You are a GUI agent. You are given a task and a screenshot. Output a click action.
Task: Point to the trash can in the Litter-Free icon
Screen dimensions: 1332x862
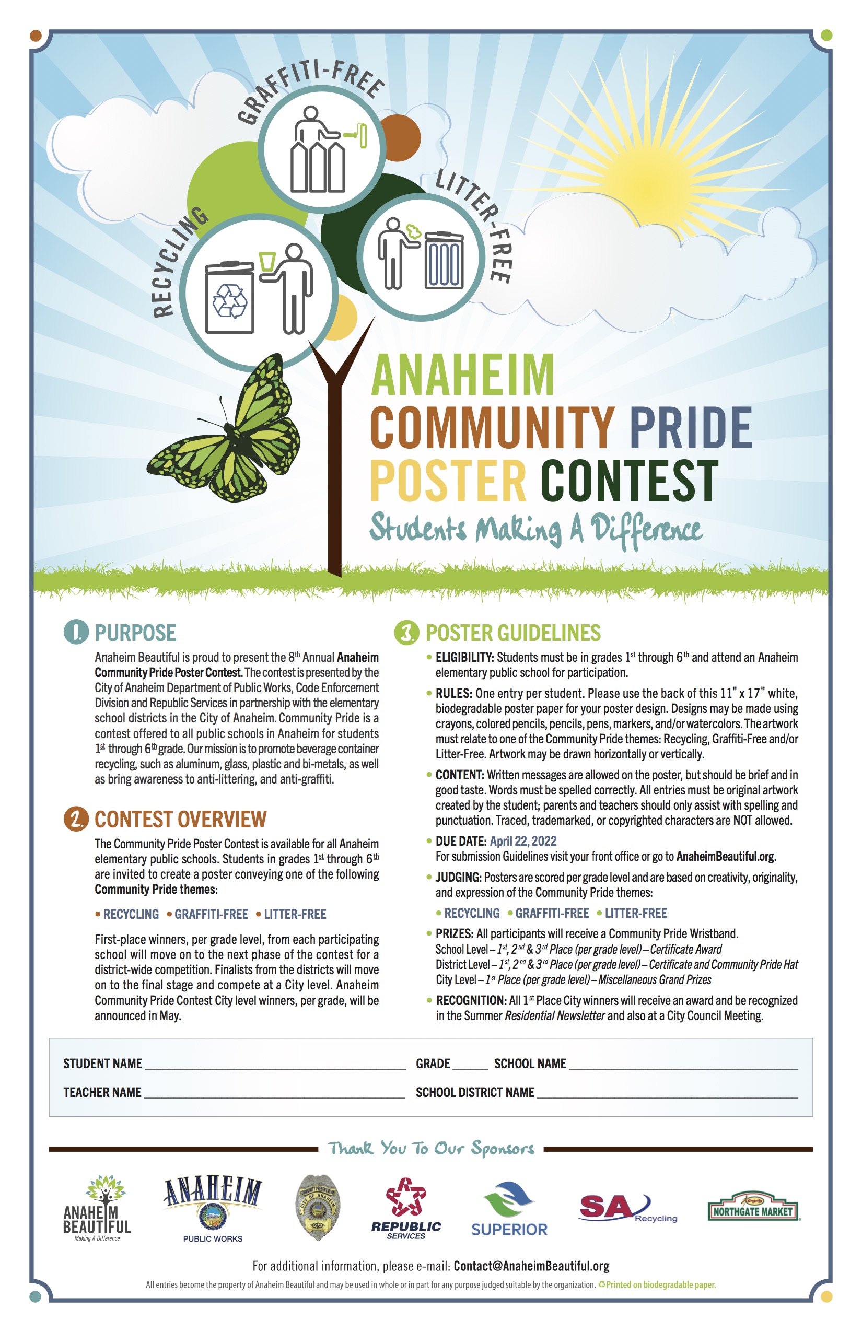pyautogui.click(x=444, y=260)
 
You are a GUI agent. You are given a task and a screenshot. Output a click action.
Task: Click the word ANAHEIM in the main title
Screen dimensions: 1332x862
pyautogui.click(x=462, y=375)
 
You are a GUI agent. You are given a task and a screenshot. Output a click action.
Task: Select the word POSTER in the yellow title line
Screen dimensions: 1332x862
pyautogui.click(x=448, y=480)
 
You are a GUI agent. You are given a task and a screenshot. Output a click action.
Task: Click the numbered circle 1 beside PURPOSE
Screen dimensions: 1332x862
pyautogui.click(x=76, y=633)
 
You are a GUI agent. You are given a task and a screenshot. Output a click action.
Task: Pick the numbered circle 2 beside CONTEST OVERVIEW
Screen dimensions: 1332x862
pyautogui.click(x=76, y=819)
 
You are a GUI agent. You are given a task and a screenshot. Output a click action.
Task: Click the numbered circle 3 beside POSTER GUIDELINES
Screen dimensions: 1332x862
pyautogui.click(x=407, y=633)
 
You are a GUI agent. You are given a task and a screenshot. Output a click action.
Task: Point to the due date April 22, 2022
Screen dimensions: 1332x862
pyautogui.click(x=523, y=841)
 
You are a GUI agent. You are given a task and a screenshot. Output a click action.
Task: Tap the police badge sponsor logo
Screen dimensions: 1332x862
pyautogui.click(x=318, y=1207)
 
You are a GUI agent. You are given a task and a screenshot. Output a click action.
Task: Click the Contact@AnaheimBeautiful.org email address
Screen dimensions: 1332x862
pyautogui.click(x=531, y=1266)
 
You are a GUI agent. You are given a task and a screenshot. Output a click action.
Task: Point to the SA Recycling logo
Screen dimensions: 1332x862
pyautogui.click(x=627, y=1209)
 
